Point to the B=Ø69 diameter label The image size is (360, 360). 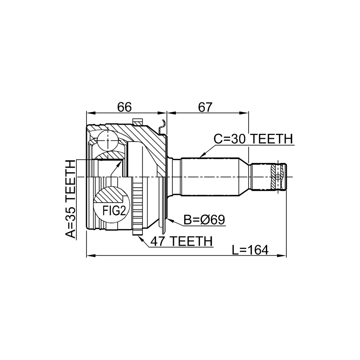(x=204, y=220)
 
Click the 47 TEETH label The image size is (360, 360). (x=181, y=241)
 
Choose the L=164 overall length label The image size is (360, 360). (x=250, y=250)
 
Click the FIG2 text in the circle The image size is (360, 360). (x=114, y=210)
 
